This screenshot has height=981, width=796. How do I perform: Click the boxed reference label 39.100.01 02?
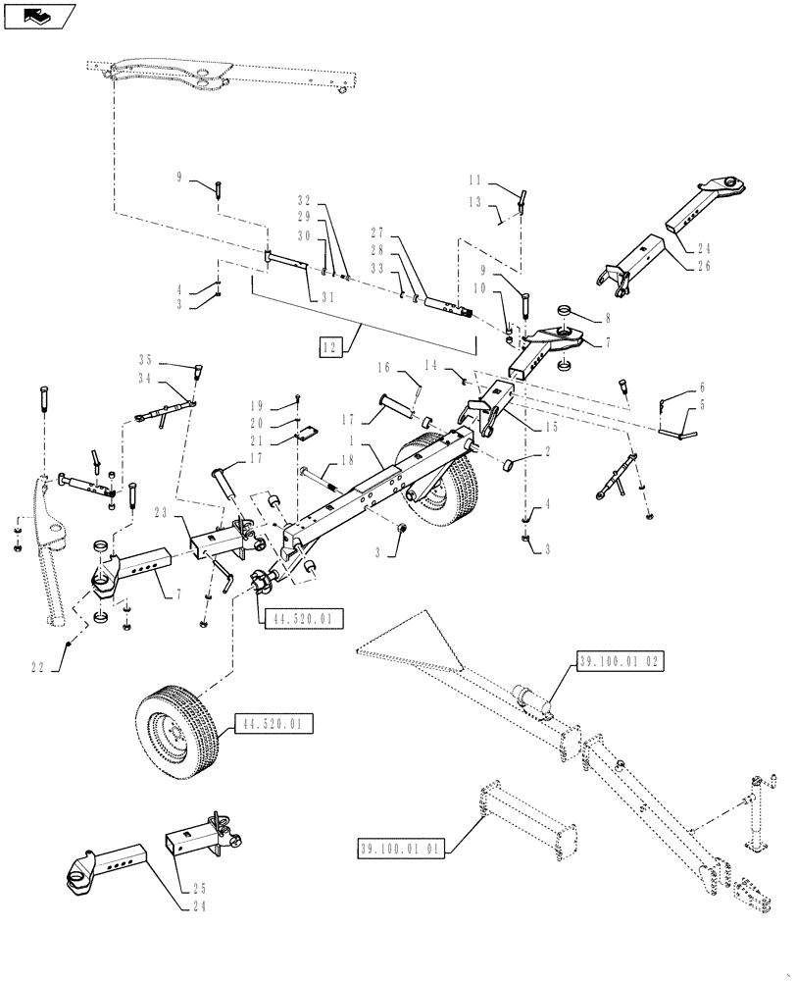tap(622, 663)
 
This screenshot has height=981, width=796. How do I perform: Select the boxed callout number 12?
tap(329, 345)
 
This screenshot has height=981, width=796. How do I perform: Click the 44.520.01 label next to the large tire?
tap(272, 725)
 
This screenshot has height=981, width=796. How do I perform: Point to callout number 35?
tap(174, 358)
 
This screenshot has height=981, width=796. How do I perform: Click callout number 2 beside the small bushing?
tap(545, 451)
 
